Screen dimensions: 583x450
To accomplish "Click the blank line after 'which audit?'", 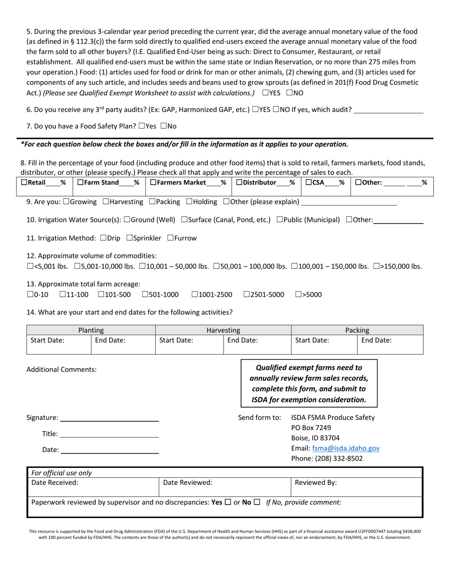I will click(x=388, y=110).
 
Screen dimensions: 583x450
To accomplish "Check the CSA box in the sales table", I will click(x=308, y=182).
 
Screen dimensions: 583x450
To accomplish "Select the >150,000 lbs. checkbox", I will click(x=376, y=266).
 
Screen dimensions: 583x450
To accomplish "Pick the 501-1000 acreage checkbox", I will click(x=145, y=294).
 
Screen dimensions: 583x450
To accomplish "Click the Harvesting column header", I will click(x=223, y=330).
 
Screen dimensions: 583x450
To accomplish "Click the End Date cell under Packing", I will click(x=389, y=345).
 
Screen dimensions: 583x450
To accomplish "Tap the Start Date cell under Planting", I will click(x=58, y=345).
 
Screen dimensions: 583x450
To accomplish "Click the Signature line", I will click(x=109, y=418).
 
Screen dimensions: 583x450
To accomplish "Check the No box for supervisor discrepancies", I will click(x=257, y=502).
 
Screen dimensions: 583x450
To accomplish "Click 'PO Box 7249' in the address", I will click(x=311, y=428).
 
